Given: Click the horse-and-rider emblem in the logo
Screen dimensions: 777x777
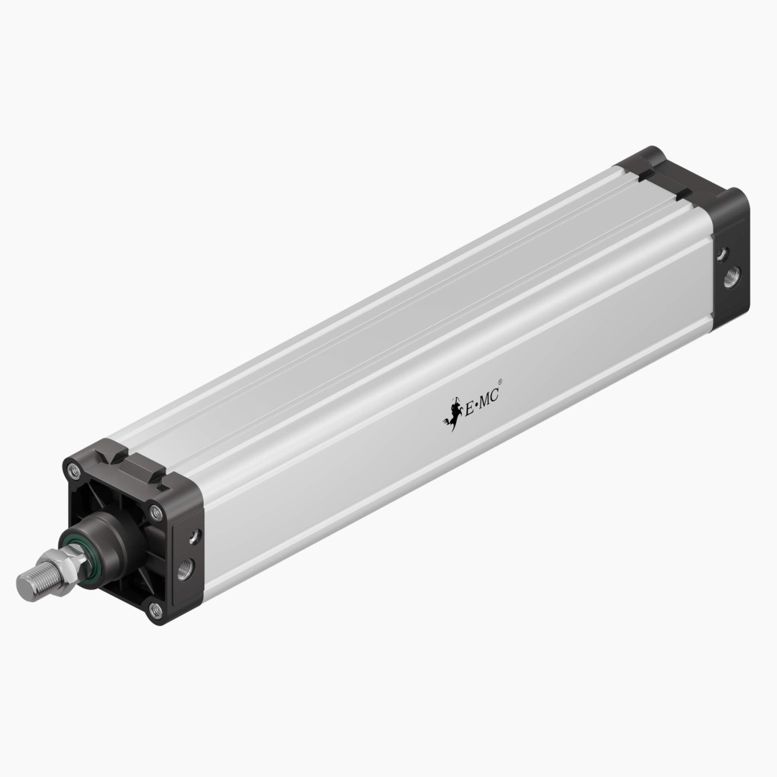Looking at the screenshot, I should pyautogui.click(x=453, y=416).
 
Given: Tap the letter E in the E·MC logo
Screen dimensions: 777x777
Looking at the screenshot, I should pyautogui.click(x=471, y=408).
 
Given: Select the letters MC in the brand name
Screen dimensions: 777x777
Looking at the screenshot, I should pyautogui.click(x=489, y=398).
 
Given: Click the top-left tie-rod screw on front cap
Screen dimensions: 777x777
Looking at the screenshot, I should pyautogui.click(x=73, y=471).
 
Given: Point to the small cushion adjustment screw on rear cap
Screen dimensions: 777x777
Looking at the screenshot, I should pyautogui.click(x=722, y=253).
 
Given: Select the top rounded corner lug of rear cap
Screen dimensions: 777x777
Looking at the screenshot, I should pyautogui.click(x=651, y=154).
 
